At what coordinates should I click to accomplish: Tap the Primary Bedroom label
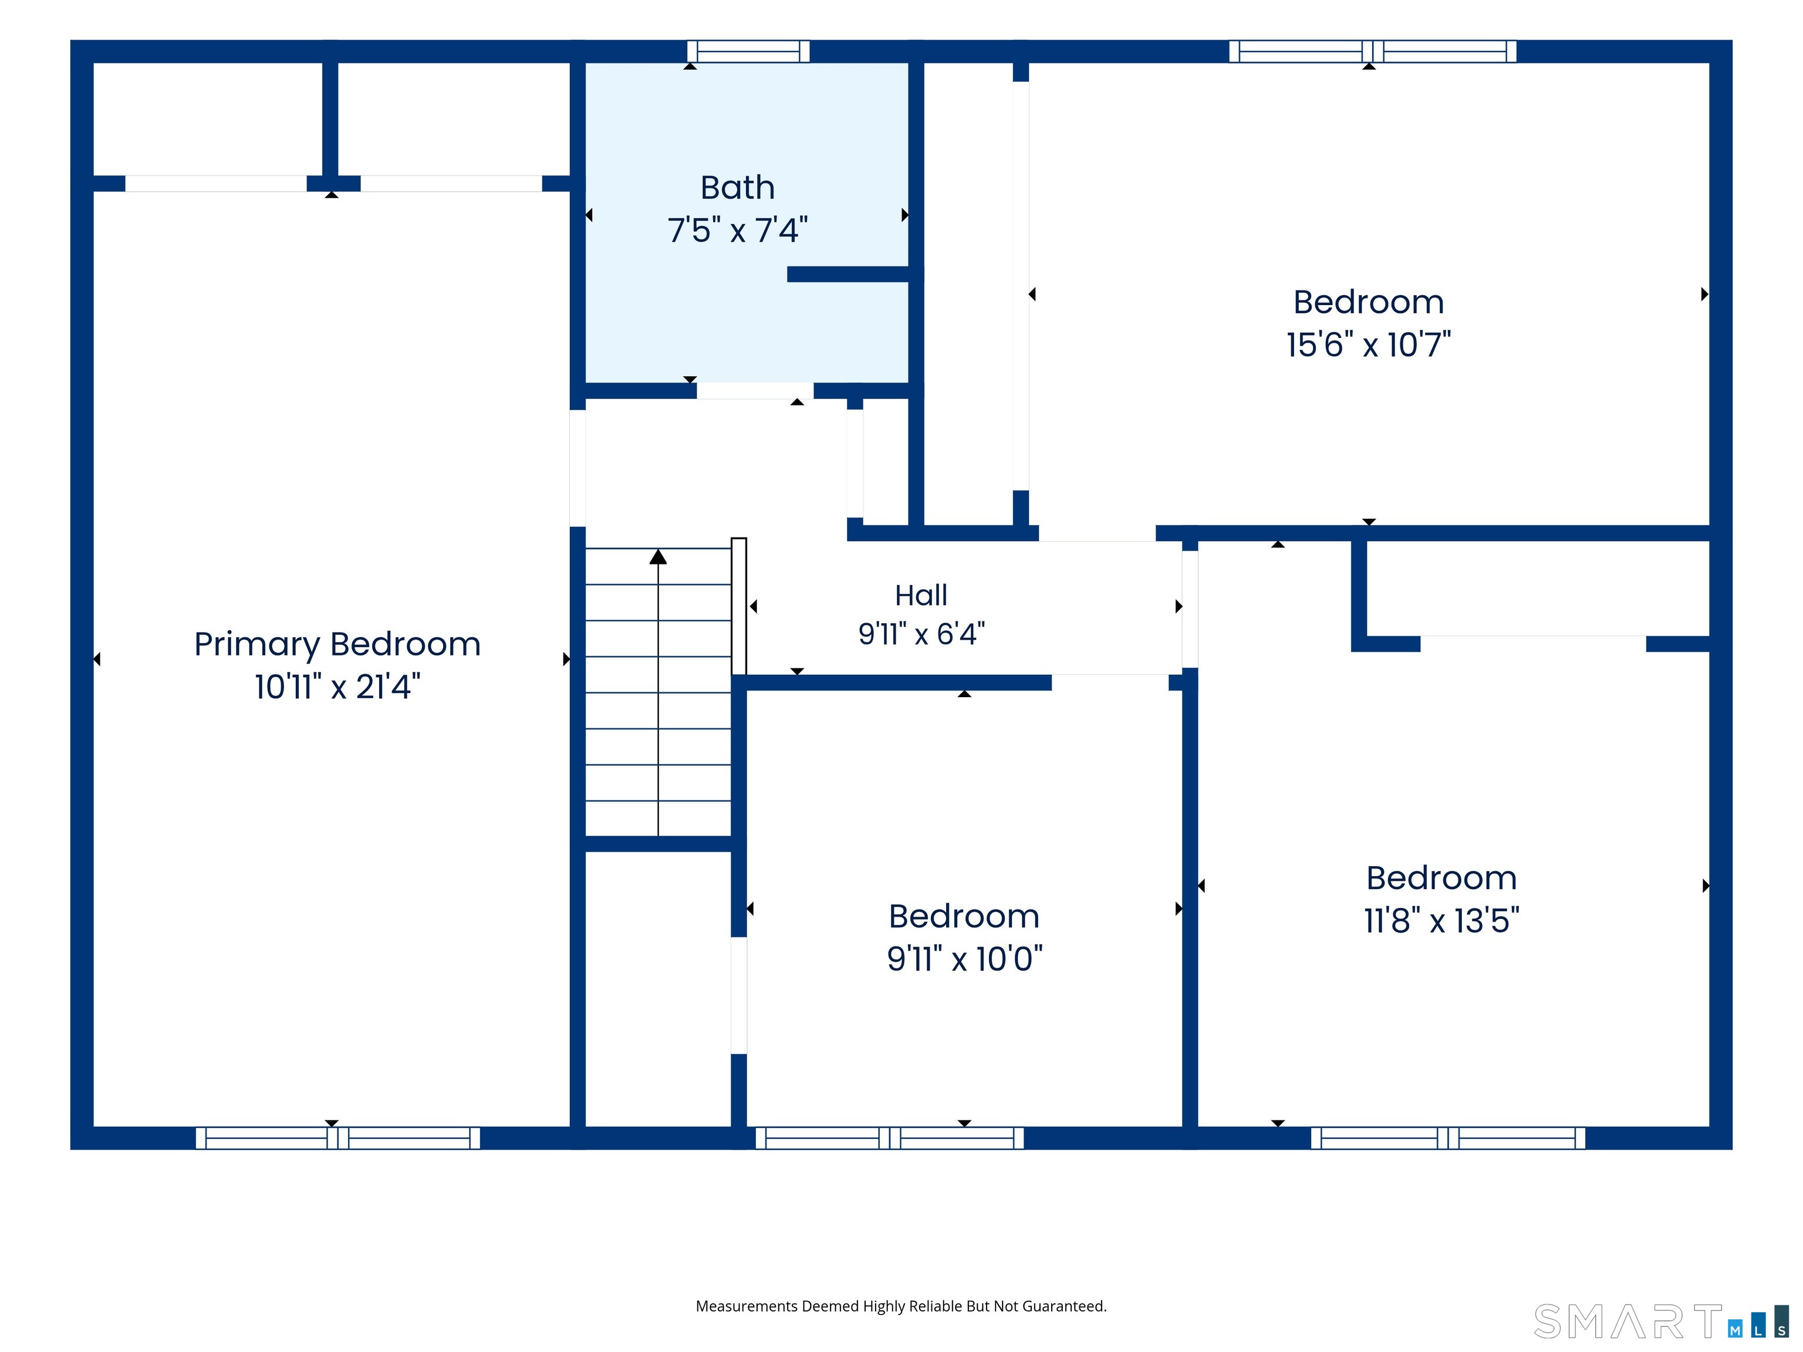click(337, 645)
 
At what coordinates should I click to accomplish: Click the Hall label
click(921, 595)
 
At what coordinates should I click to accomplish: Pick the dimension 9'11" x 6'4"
click(921, 633)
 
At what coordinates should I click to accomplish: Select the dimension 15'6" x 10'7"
click(1369, 344)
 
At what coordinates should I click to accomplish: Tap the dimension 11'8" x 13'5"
click(1441, 920)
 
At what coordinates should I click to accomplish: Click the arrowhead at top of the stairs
click(658, 557)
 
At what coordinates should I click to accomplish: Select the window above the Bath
click(748, 51)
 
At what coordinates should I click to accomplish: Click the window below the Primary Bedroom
click(337, 1138)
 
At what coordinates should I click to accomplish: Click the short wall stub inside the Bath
click(849, 275)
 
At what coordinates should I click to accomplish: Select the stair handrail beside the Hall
click(738, 606)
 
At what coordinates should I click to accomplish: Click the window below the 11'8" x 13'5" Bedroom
click(1447, 1138)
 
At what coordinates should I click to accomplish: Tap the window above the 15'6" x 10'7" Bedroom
click(1373, 51)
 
